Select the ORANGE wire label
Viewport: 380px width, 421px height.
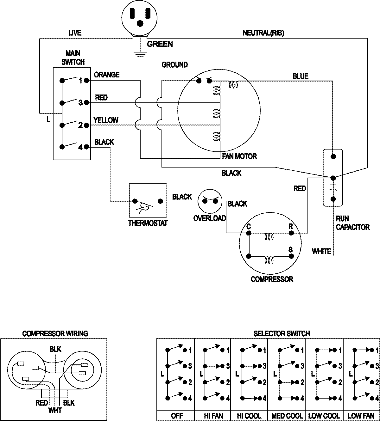107,75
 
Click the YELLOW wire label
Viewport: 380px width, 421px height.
106,120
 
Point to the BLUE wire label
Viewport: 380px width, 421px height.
300,76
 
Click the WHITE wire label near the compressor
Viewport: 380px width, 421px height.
321,252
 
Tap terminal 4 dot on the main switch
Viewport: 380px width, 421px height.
88,147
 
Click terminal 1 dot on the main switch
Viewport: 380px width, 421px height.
88,81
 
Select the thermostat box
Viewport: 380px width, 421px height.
148,201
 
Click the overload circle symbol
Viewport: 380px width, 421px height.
209,201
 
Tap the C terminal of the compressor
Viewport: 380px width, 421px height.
249,233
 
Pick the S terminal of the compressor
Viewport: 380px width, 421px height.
291,256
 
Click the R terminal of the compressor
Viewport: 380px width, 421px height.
291,233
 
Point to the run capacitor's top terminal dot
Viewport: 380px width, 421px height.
333,156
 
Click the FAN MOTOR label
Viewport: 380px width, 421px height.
239,156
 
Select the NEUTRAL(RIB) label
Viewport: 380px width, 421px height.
263,33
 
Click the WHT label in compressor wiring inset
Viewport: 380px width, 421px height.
55,411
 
